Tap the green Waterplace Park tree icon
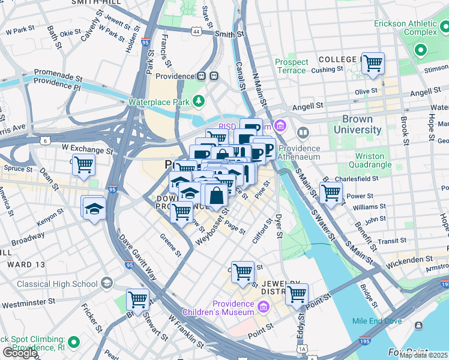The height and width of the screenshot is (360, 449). point(198,101)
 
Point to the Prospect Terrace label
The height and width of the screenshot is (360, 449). point(292,66)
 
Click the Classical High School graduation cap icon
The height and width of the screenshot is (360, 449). point(106,283)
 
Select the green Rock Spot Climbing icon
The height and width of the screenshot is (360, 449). point(74,343)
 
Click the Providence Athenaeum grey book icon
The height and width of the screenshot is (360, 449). point(303,132)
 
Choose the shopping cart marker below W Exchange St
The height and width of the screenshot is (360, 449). point(84,164)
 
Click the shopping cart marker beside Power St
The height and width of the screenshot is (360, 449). point(331,193)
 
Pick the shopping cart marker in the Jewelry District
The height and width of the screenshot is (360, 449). point(297,293)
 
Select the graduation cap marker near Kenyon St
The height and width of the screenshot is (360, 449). point(94,208)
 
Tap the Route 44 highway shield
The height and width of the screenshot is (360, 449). point(197,31)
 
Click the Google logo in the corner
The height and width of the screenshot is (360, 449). point(19,353)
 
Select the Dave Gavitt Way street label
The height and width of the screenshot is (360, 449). point(137,257)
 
